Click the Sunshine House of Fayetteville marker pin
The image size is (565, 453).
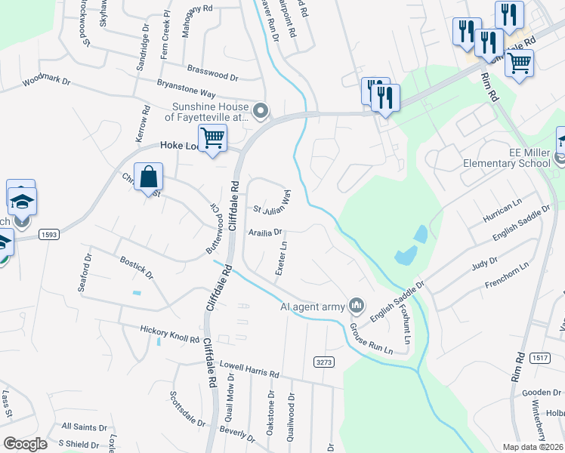[261, 112]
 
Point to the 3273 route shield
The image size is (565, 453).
[324, 363]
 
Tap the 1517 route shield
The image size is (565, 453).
[539, 358]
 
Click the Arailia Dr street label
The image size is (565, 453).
[265, 233]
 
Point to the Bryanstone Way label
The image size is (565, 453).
[186, 88]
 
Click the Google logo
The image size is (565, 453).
[25, 444]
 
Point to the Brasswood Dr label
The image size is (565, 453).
[212, 72]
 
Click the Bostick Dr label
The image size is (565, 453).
[136, 266]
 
